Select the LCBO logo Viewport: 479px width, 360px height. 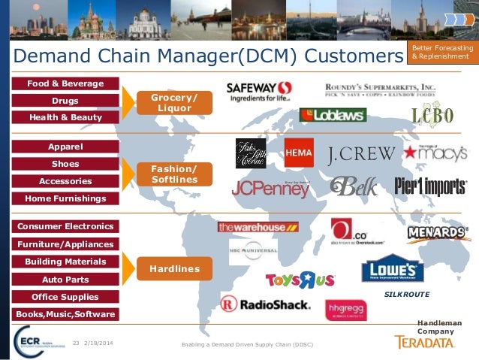coord(432,116)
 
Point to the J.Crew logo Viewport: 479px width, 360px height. coord(361,155)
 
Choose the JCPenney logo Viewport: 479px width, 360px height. coord(270,189)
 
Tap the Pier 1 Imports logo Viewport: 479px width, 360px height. coord(430,186)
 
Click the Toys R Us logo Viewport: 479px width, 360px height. coord(300,280)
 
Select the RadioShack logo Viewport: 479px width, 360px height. coord(265,304)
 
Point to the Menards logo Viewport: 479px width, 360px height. coord(438,233)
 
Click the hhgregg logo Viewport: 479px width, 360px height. coord(345,309)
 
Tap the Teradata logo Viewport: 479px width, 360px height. coord(425,342)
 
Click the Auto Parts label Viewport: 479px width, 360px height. coord(65,280)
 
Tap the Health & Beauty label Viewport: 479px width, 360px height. coord(65,117)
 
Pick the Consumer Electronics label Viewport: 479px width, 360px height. coord(65,226)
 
